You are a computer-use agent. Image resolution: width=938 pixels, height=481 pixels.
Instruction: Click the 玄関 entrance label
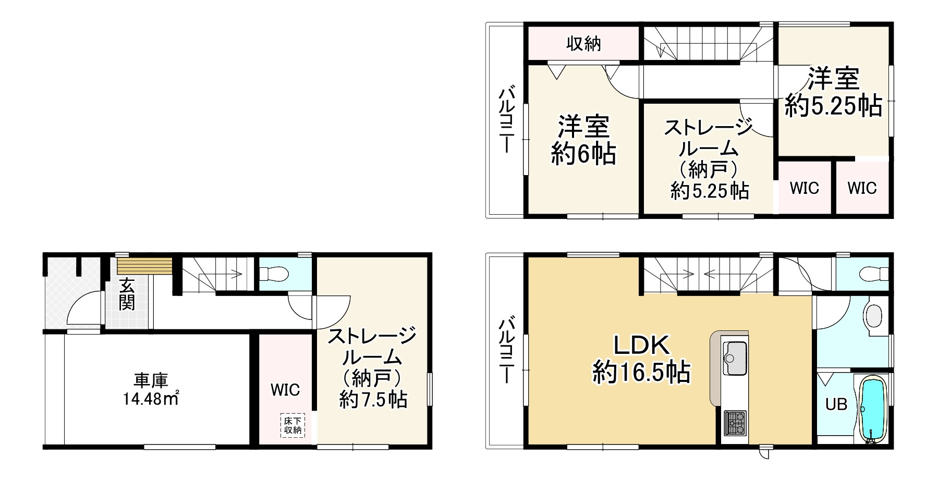click(127, 294)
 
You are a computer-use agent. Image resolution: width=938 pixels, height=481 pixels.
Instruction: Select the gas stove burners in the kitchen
click(735, 423)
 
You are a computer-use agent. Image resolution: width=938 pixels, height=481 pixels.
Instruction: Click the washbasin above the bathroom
click(873, 316)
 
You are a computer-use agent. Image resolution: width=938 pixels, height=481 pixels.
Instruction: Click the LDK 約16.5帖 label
click(641, 359)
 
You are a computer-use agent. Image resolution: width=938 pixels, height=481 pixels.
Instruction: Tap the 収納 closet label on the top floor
click(584, 44)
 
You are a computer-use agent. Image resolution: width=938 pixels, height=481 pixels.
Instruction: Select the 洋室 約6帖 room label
click(583, 139)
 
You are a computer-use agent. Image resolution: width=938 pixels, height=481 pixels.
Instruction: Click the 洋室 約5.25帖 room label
click(833, 92)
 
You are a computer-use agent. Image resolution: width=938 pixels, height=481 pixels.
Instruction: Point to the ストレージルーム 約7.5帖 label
click(372, 367)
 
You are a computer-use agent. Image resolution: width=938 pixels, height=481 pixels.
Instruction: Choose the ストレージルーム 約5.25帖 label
click(708, 159)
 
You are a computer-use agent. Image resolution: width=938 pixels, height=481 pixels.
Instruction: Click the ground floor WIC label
click(285, 389)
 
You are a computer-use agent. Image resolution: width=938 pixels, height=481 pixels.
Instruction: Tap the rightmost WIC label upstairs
click(862, 188)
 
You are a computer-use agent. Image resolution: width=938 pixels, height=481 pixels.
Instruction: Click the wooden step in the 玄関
click(144, 266)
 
